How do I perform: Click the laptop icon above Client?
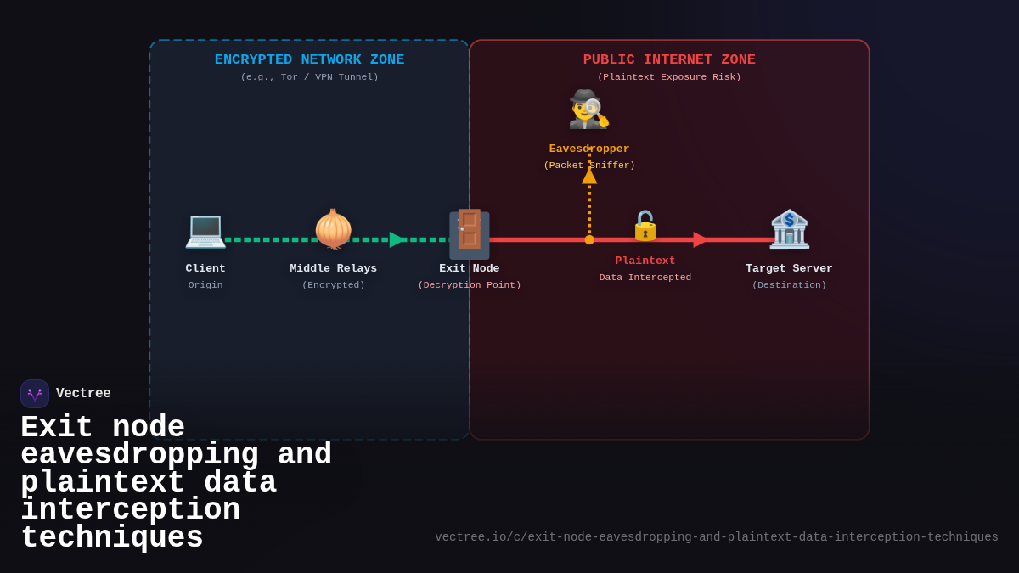205,229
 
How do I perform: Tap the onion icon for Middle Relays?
334,229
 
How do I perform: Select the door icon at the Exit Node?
469,233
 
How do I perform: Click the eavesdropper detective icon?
588,110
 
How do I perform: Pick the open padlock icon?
645,226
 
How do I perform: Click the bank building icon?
789,229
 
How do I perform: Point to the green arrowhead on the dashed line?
397,239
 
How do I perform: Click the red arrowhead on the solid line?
700,239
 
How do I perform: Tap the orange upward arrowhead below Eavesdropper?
589,176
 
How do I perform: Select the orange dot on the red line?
589,239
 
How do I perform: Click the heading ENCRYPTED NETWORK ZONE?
309,60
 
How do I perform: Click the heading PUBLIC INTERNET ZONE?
669,60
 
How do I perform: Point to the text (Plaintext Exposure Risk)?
669,77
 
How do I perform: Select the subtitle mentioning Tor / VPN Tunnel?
309,77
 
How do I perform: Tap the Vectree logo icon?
35,394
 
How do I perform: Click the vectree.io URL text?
717,537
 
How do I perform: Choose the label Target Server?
789,268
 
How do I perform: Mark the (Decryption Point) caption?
469,285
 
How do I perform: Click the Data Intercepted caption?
645,278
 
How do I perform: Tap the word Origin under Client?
205,285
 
